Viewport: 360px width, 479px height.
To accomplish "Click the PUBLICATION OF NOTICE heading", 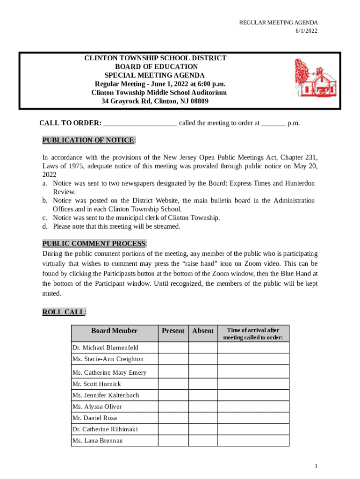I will pyautogui.click(x=89, y=140).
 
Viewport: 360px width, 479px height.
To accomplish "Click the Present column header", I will pyautogui.click(x=173, y=331).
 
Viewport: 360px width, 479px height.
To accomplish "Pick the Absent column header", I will pyautogui.click(x=203, y=331).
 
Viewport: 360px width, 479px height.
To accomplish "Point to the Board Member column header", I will pyautogui.click(x=115, y=331).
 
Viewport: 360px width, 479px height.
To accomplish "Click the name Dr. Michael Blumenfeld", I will pyautogui.click(x=105, y=348).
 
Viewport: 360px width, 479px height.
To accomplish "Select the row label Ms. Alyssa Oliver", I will pyautogui.click(x=97, y=406).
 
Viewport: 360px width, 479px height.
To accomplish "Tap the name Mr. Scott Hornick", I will pyautogui.click(x=97, y=384).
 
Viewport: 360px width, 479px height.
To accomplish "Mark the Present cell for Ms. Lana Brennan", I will pyautogui.click(x=173, y=441).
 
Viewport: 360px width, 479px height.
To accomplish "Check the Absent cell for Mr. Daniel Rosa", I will pyautogui.click(x=203, y=418).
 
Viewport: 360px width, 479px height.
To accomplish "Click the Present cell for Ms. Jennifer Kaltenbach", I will pyautogui.click(x=173, y=395).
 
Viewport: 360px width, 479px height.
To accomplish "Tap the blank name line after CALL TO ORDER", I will pyautogui.click(x=140, y=123).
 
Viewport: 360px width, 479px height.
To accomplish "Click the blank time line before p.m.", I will pyautogui.click(x=273, y=123).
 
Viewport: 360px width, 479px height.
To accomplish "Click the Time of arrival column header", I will pyautogui.click(x=253, y=334).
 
